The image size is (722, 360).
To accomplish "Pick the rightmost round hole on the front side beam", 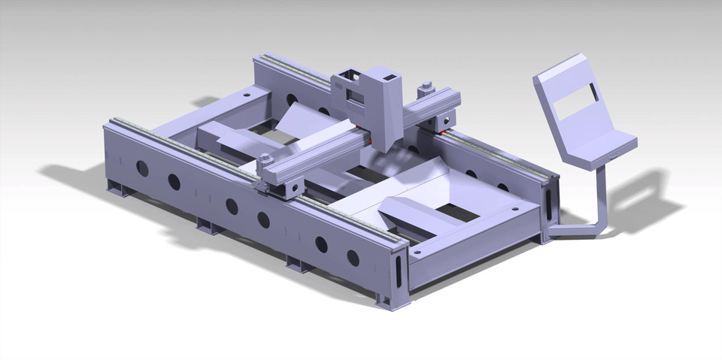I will click(x=353, y=257).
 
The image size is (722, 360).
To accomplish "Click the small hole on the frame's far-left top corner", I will click(x=246, y=95).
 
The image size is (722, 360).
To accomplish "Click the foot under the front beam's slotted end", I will click(x=393, y=300).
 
